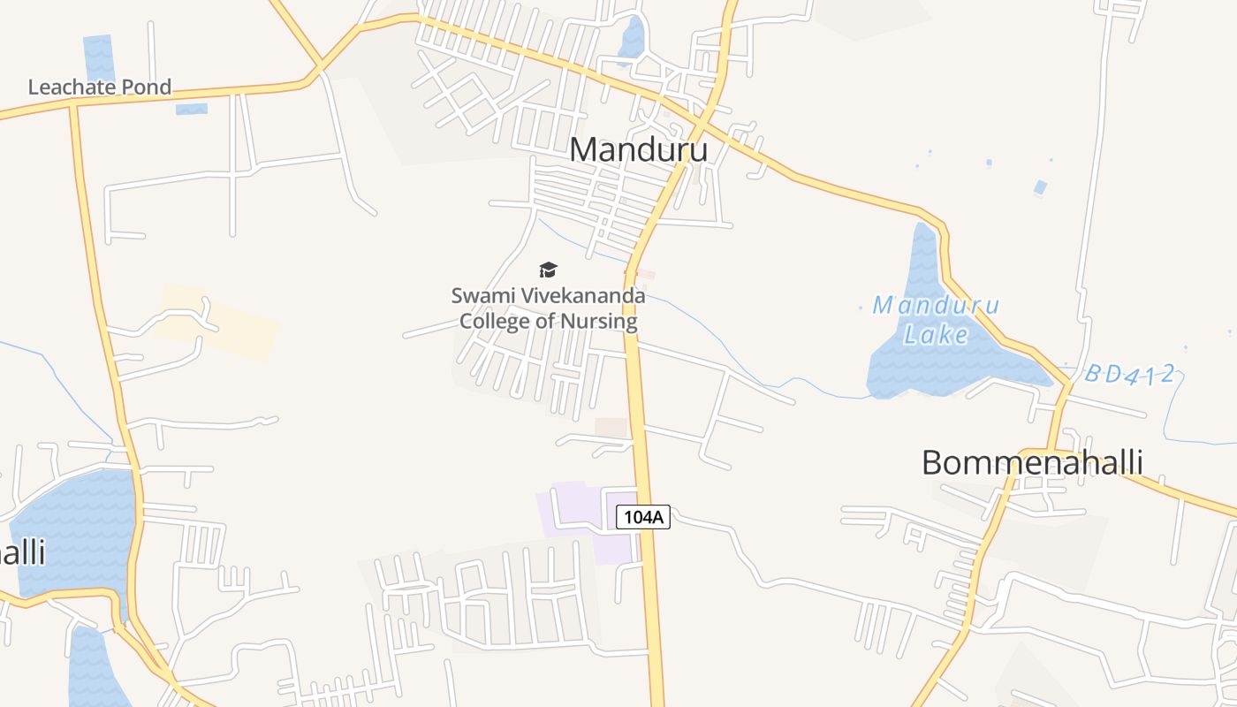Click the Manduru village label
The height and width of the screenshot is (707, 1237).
(x=638, y=150)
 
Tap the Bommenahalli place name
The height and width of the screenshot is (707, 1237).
(x=1032, y=463)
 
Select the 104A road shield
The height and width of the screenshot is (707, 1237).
(x=642, y=517)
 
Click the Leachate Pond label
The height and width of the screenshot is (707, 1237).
(x=99, y=87)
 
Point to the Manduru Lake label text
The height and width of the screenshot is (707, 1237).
(x=936, y=319)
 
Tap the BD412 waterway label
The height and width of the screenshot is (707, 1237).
(x=1130, y=375)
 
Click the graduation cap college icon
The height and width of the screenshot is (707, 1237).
(x=549, y=270)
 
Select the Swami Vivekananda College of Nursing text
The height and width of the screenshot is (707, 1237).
(x=548, y=308)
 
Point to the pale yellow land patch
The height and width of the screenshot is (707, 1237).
(x=217, y=323)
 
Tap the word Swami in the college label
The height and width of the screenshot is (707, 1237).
(x=480, y=296)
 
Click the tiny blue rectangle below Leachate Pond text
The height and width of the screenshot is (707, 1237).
(x=191, y=110)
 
